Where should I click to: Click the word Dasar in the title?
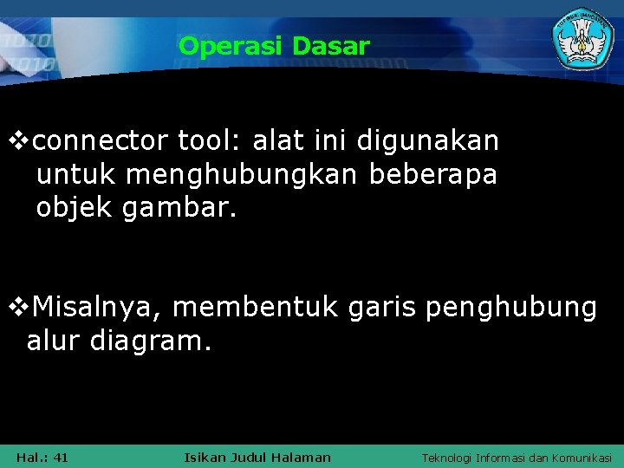coord(331,46)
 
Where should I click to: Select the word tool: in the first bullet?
coord(207,140)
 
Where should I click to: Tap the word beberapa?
coord(433,175)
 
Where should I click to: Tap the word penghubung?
coord(511,307)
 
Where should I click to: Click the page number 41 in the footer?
coord(61,457)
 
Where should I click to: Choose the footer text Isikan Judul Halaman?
coord(258,457)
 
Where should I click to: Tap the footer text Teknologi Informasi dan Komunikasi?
coord(517,457)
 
